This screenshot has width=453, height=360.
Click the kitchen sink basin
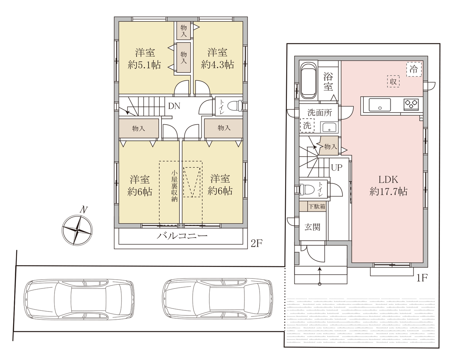tap(380, 104)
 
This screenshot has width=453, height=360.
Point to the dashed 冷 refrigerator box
tap(414, 69)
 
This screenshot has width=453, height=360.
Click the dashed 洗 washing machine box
tap(307, 125)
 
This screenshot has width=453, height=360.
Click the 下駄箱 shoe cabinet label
tap(317, 206)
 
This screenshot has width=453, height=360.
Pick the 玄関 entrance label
tap(312, 227)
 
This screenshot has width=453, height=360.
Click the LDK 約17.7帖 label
tap(388, 185)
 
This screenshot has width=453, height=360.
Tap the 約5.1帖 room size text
tap(145, 65)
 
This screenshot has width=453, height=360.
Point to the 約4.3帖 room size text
tap(217, 64)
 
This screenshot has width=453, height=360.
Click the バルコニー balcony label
tap(182, 236)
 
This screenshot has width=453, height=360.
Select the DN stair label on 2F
tap(174, 106)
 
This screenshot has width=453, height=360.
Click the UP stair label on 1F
tap(336, 167)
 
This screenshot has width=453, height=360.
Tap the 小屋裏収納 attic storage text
tap(174, 186)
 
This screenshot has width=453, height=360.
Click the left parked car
tap(79, 299)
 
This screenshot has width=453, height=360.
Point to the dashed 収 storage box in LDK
tap(393, 81)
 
